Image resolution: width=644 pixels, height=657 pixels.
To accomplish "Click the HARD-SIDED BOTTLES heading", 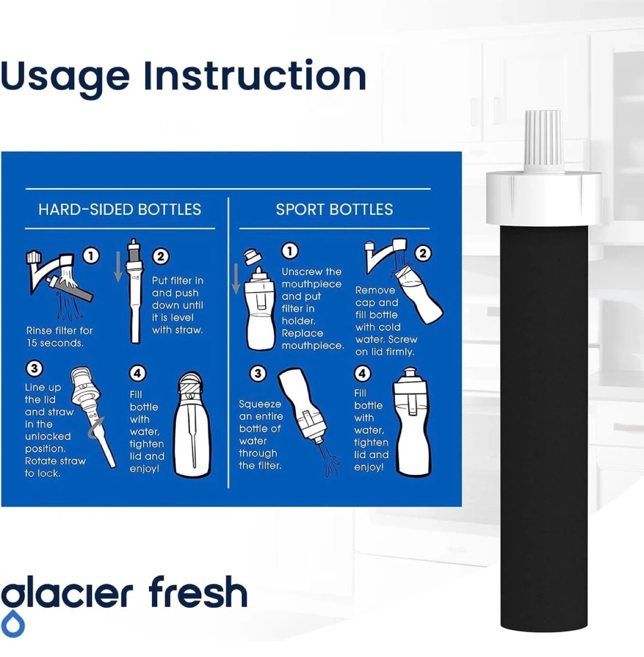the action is click(x=119, y=209).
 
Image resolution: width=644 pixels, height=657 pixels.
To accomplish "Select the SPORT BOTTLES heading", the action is click(x=334, y=209).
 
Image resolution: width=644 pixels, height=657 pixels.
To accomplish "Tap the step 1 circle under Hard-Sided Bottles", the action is click(x=91, y=255).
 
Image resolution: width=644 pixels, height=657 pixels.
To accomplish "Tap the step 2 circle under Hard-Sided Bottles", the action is click(x=161, y=256).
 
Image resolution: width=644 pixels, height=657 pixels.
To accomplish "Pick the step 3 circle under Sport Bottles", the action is click(x=258, y=373).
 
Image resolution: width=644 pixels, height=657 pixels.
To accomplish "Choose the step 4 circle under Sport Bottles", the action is click(x=362, y=373).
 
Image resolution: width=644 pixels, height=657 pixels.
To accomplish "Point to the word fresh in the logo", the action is click(x=198, y=592).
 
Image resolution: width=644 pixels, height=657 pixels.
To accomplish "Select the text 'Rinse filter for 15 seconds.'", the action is click(x=60, y=337).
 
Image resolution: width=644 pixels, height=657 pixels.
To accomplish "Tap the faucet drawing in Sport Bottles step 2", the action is click(x=385, y=254).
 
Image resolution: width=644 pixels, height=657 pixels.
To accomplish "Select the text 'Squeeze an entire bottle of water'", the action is click(x=261, y=422).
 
